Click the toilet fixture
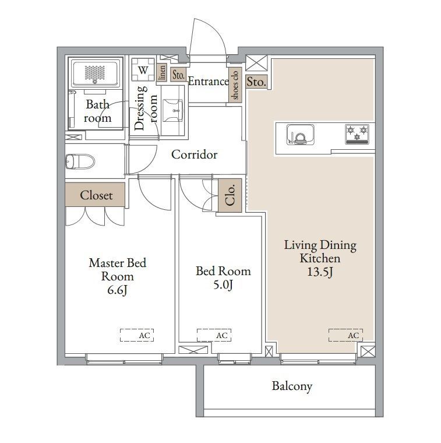(80, 161)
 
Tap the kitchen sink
(301, 135)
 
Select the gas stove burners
(357, 134)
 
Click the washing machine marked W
(143, 70)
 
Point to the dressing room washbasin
(173, 111)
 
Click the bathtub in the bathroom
(95, 72)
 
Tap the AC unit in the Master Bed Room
(137, 335)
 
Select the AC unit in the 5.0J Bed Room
(214, 335)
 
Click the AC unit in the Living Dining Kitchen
(346, 335)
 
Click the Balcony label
(292, 386)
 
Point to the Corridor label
(194, 154)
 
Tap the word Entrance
(209, 82)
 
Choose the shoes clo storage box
(235, 85)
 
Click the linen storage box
(162, 73)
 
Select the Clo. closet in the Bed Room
(230, 195)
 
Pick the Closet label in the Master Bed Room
(96, 195)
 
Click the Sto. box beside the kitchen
(256, 82)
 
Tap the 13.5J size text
(320, 272)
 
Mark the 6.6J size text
(118, 290)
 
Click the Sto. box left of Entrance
(178, 75)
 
